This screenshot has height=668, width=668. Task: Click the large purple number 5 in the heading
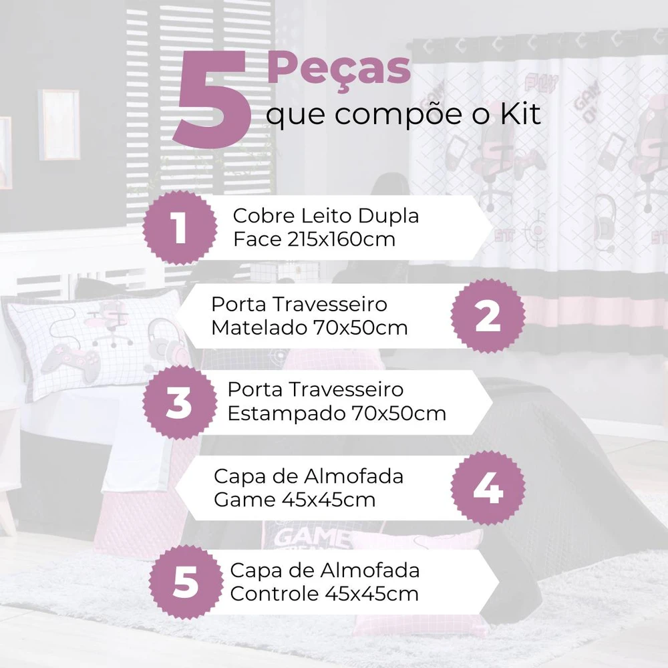pyautogui.click(x=212, y=100)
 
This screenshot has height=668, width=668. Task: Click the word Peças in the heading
pyautogui.click(x=339, y=70)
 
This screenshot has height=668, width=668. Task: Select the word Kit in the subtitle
pyautogui.click(x=520, y=114)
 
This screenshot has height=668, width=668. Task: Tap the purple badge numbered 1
pyautogui.click(x=179, y=228)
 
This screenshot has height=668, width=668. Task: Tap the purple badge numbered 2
pyautogui.click(x=488, y=316)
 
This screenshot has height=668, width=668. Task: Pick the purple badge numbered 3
pyautogui.click(x=179, y=403)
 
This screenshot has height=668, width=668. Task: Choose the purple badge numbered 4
pyautogui.click(x=488, y=488)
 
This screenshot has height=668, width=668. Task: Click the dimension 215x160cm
pyautogui.click(x=341, y=239)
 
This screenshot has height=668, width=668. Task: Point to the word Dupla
pyautogui.click(x=388, y=216)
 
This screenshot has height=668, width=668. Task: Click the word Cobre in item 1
pyautogui.click(x=264, y=216)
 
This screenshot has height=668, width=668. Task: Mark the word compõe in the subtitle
pyautogui.click(x=399, y=115)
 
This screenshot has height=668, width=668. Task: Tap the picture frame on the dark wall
pyautogui.click(x=59, y=124)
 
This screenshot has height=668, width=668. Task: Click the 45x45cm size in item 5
pyautogui.click(x=371, y=593)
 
